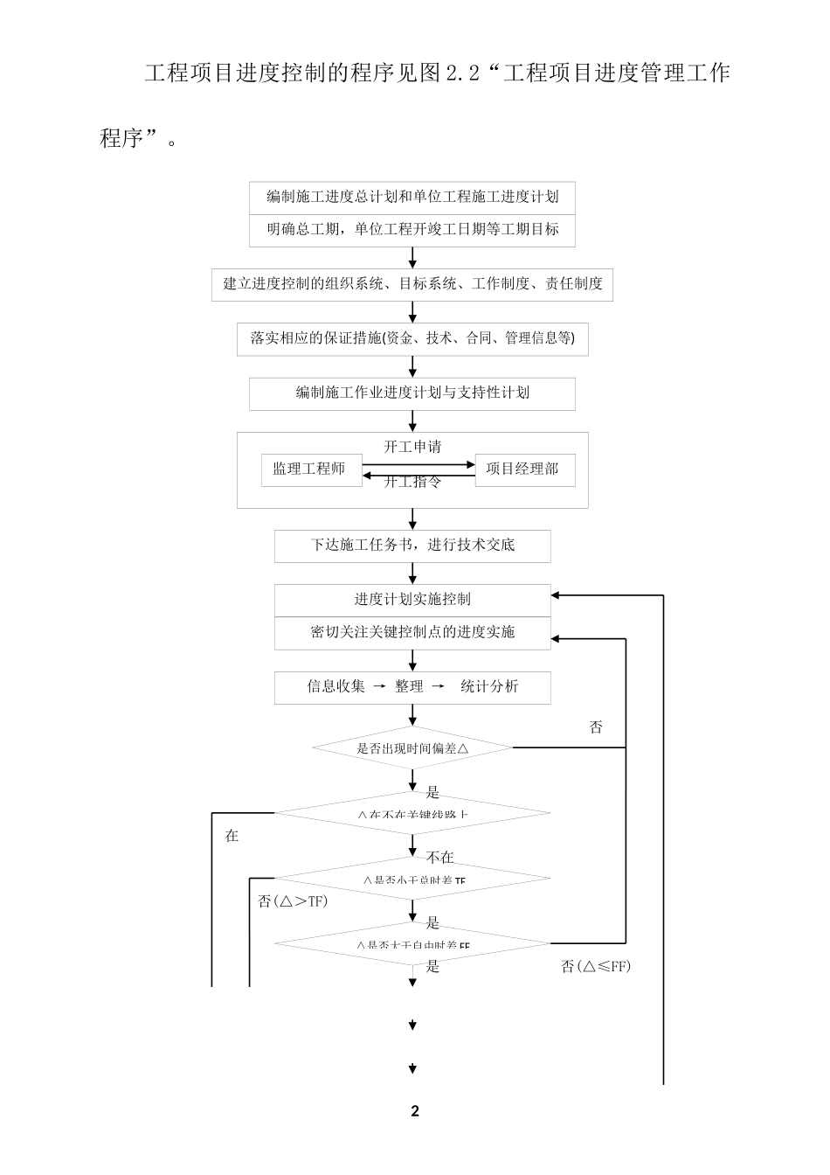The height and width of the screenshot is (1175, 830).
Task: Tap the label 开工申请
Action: point(412,447)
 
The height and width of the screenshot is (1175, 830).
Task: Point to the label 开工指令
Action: point(412,482)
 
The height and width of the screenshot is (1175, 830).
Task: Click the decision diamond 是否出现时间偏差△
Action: point(412,748)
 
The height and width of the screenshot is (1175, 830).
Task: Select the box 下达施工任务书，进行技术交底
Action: point(412,546)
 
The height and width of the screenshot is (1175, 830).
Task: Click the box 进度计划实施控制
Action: point(412,600)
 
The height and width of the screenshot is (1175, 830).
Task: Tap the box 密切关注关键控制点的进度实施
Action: point(412,633)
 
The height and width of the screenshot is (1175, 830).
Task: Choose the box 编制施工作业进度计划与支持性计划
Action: point(412,393)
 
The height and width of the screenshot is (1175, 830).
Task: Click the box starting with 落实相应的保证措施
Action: point(412,338)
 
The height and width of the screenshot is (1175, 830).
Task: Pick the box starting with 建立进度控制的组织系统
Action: point(412,284)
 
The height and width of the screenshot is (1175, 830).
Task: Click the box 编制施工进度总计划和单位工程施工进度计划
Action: point(412,198)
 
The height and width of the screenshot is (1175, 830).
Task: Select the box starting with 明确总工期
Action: point(412,230)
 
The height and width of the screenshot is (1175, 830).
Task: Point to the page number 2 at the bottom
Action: point(415,1111)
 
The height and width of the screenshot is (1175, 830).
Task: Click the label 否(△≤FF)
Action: point(595,966)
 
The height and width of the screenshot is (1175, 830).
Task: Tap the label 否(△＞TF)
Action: point(293,901)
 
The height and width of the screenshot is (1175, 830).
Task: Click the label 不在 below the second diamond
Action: point(440,858)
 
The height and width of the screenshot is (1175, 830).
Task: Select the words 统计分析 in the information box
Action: point(489,687)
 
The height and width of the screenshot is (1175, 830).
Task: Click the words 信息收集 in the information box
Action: point(335,687)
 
